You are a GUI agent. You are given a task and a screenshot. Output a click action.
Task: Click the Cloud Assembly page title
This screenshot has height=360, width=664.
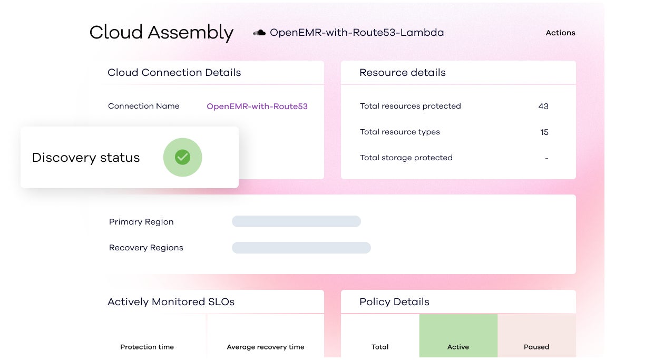(x=161, y=33)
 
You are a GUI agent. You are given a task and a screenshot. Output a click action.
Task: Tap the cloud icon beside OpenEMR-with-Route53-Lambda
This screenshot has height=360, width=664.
(x=259, y=33)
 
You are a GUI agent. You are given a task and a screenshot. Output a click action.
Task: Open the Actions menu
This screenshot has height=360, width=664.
(x=560, y=33)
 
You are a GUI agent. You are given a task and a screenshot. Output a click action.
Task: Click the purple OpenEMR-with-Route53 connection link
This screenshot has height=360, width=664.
(x=257, y=106)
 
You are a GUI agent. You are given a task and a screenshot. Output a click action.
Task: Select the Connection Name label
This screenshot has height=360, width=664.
(x=143, y=106)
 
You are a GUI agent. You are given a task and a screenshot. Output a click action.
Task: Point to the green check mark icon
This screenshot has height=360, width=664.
(x=182, y=157)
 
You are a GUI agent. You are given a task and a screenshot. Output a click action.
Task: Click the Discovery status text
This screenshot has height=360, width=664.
(x=86, y=158)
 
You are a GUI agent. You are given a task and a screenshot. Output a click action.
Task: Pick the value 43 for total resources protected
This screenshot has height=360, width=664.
(x=543, y=106)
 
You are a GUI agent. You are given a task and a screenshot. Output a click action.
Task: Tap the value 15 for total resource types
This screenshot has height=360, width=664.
(x=544, y=132)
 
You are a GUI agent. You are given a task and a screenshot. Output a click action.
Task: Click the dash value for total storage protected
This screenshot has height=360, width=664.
(x=546, y=158)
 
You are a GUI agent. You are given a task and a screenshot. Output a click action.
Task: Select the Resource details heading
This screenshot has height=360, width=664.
(x=402, y=72)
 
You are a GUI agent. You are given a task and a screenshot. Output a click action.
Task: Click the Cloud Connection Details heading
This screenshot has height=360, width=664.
(x=174, y=72)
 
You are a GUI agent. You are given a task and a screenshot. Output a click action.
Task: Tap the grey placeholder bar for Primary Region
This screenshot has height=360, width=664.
(x=296, y=221)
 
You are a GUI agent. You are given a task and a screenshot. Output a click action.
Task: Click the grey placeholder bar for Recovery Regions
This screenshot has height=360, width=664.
(x=301, y=248)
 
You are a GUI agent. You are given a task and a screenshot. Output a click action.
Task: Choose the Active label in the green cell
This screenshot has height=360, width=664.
(x=458, y=347)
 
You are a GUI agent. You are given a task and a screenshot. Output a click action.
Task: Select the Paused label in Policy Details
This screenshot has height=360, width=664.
(x=536, y=347)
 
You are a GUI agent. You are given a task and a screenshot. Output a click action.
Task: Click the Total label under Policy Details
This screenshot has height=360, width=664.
(x=380, y=347)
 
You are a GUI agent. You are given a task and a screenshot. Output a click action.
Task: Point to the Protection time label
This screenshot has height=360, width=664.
(x=147, y=347)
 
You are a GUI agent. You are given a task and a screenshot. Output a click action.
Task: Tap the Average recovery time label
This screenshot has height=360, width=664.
(x=265, y=347)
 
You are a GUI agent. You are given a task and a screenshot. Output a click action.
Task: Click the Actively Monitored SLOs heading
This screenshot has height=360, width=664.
(x=171, y=301)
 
